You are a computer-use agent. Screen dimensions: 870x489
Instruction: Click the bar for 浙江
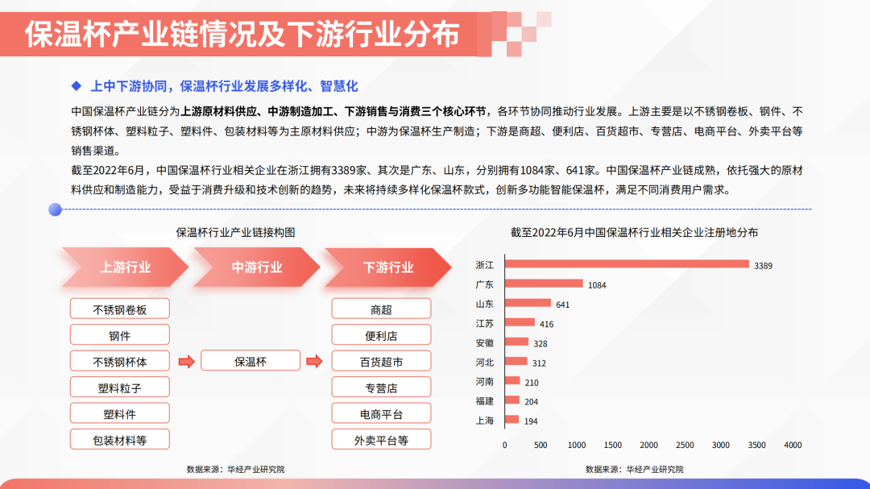tap(627, 264)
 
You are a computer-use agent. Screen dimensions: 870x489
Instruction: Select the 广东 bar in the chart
tap(544, 284)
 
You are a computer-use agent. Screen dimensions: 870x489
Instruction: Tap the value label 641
tap(562, 305)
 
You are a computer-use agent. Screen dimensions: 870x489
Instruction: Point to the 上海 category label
tap(484, 421)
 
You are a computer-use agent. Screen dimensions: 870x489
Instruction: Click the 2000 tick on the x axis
tap(648, 445)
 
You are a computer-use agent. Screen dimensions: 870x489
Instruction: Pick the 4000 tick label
tap(793, 445)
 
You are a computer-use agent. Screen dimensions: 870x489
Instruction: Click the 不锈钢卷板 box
tap(120, 309)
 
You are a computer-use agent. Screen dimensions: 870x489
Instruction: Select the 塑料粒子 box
tap(120, 387)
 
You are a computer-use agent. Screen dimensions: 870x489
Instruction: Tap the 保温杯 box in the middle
tap(251, 362)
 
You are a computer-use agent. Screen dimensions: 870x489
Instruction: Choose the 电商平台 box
tap(381, 413)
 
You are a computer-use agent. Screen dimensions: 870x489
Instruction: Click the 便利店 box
tap(381, 335)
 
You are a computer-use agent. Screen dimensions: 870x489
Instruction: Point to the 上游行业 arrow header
tap(126, 267)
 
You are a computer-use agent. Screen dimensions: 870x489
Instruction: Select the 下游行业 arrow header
tap(387, 267)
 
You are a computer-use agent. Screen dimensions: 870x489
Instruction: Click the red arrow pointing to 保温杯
tap(186, 362)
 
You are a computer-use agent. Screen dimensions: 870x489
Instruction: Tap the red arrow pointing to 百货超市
tap(315, 362)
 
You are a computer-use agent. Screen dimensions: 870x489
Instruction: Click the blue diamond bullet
tap(77, 86)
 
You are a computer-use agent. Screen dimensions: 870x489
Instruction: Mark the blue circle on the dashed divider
tap(55, 209)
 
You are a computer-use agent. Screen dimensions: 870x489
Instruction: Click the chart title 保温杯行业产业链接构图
tap(235, 233)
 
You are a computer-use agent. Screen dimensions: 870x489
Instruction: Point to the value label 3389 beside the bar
tap(763, 266)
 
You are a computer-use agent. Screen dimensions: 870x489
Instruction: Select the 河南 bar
tap(512, 381)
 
